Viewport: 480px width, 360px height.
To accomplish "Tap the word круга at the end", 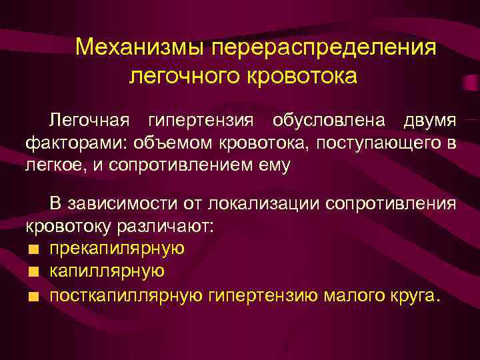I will point(410,294).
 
